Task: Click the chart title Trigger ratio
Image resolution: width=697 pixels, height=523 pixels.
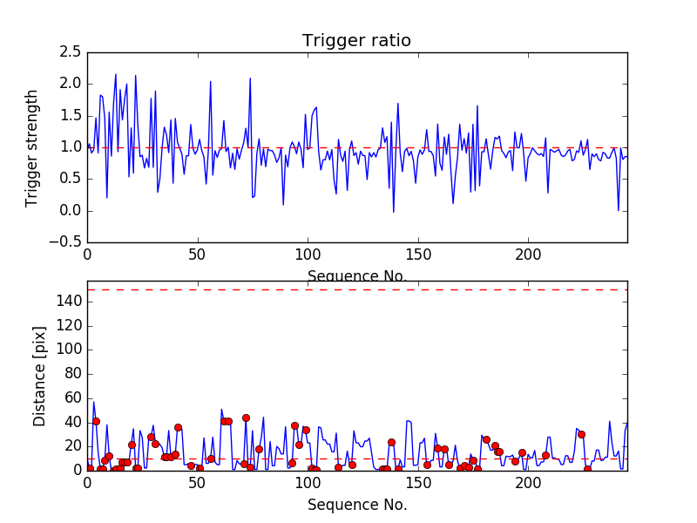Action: tap(356, 41)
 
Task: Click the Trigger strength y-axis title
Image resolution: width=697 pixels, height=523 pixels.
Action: tap(32, 147)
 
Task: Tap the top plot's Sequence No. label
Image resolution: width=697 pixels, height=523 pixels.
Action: tap(356, 276)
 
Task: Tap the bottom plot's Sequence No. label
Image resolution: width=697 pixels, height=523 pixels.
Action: tap(356, 505)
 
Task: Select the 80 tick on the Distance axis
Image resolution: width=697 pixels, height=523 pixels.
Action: tap(71, 374)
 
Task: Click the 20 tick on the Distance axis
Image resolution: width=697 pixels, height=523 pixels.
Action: tap(71, 445)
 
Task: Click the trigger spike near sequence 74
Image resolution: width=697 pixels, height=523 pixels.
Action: tap(250, 78)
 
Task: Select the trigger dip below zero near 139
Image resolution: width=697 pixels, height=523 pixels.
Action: tap(394, 212)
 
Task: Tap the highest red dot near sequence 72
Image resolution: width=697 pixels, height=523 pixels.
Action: tap(246, 418)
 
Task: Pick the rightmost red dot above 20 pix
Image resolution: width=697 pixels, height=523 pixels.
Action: tap(581, 434)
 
